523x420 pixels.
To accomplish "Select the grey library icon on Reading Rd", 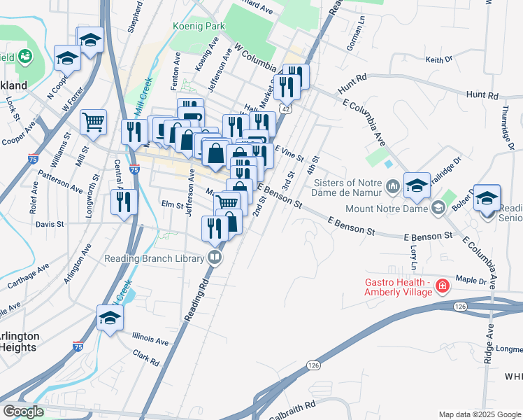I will pos(215,258).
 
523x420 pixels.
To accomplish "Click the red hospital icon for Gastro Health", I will pos(442,286).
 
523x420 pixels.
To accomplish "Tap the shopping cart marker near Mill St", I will pos(93,123).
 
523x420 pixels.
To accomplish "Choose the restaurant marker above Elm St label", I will pos(124,202).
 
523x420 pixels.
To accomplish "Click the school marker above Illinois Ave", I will pos(110,319).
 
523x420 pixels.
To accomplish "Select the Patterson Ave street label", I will pos(60,181).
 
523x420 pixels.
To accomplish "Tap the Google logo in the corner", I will pos(23,412).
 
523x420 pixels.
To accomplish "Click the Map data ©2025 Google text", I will pos(479,414).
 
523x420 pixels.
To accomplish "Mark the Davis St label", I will pos(50,225).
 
